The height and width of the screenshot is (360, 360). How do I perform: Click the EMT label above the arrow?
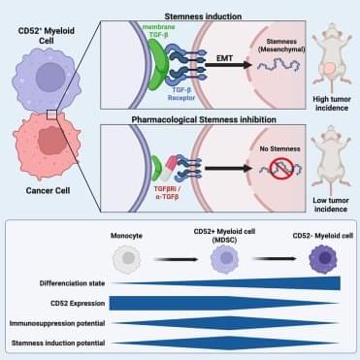pos(224,58)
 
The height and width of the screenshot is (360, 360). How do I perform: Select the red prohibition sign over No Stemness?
pos(281,168)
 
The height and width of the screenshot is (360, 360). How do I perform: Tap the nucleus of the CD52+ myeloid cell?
pos(50,77)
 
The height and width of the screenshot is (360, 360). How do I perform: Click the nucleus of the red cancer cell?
pos(52,141)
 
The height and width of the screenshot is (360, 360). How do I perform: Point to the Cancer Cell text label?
pos(48,190)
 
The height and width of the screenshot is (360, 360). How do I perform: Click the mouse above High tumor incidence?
pos(332,59)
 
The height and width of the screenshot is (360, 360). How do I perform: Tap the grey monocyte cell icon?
pos(127,259)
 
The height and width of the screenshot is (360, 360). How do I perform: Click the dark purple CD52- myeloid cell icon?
pos(323,259)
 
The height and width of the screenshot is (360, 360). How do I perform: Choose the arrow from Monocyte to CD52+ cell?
pos(177,259)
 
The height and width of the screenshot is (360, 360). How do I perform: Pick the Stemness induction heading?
pos(203,16)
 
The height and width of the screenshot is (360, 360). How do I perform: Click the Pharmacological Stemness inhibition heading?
pos(204,119)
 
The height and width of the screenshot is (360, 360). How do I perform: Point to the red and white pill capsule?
pos(170,168)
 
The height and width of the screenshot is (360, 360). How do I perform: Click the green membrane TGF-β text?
pos(159,31)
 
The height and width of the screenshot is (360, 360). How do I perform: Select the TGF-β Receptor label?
pos(181,94)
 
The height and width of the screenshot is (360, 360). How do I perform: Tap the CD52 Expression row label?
pos(78,304)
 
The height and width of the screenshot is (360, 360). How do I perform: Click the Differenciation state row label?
pos(72,283)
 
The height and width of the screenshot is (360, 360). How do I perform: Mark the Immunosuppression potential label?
pos(57,323)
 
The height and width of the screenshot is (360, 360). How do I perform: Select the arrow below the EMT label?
pos(228,65)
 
